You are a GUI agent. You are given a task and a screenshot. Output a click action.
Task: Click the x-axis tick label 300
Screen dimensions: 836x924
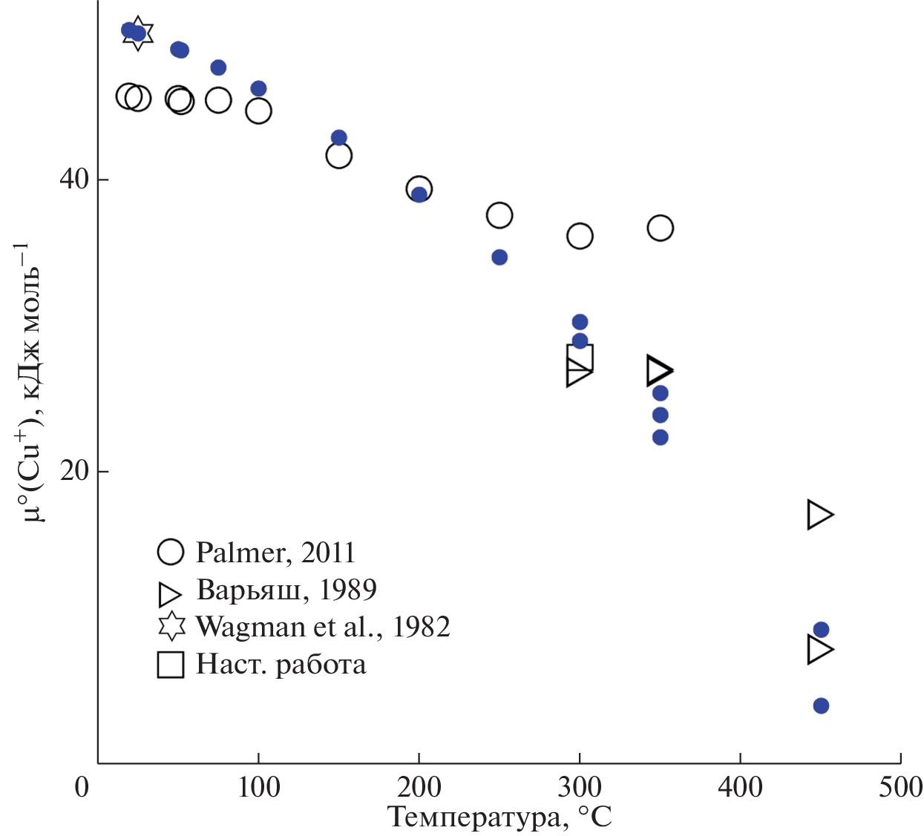pyautogui.click(x=580, y=787)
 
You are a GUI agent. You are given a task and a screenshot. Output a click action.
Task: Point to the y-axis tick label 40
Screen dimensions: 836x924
pyautogui.click(x=73, y=180)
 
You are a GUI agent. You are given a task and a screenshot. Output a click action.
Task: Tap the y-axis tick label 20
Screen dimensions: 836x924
pyautogui.click(x=73, y=471)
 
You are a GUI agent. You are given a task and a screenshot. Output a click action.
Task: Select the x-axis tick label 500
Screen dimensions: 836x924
pyautogui.click(x=900, y=787)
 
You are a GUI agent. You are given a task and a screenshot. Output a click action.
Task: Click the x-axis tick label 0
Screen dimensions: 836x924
pyautogui.click(x=82, y=787)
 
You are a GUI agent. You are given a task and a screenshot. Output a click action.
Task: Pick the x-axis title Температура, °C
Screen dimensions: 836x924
pyautogui.click(x=499, y=817)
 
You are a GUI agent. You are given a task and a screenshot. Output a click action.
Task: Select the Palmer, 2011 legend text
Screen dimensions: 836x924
pyautogui.click(x=275, y=553)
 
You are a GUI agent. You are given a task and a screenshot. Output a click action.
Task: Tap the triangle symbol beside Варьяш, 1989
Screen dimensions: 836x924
pyautogui.click(x=170, y=593)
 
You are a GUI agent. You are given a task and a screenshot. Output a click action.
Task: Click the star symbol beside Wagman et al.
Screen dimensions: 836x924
pyautogui.click(x=171, y=627)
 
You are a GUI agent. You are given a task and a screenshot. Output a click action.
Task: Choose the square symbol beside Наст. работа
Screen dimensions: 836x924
pyautogui.click(x=171, y=664)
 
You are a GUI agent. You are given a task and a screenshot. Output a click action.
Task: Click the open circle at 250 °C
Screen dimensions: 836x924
pyautogui.click(x=499, y=215)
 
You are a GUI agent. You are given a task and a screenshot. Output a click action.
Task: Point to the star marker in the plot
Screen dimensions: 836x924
pyautogui.click(x=138, y=33)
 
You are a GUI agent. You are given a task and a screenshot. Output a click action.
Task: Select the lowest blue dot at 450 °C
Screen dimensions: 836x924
pyautogui.click(x=821, y=705)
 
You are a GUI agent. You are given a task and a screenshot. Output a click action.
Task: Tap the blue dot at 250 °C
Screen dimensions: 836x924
pyautogui.click(x=499, y=257)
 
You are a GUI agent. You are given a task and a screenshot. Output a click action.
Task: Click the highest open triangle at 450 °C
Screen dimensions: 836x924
pyautogui.click(x=819, y=514)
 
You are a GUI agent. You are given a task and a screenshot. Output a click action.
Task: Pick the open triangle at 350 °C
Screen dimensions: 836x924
pyautogui.click(x=658, y=370)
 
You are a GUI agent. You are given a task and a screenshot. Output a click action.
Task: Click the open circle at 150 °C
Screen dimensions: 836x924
pyautogui.click(x=338, y=156)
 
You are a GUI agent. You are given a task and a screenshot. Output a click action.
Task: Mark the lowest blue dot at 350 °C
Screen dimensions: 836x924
pyautogui.click(x=661, y=438)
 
